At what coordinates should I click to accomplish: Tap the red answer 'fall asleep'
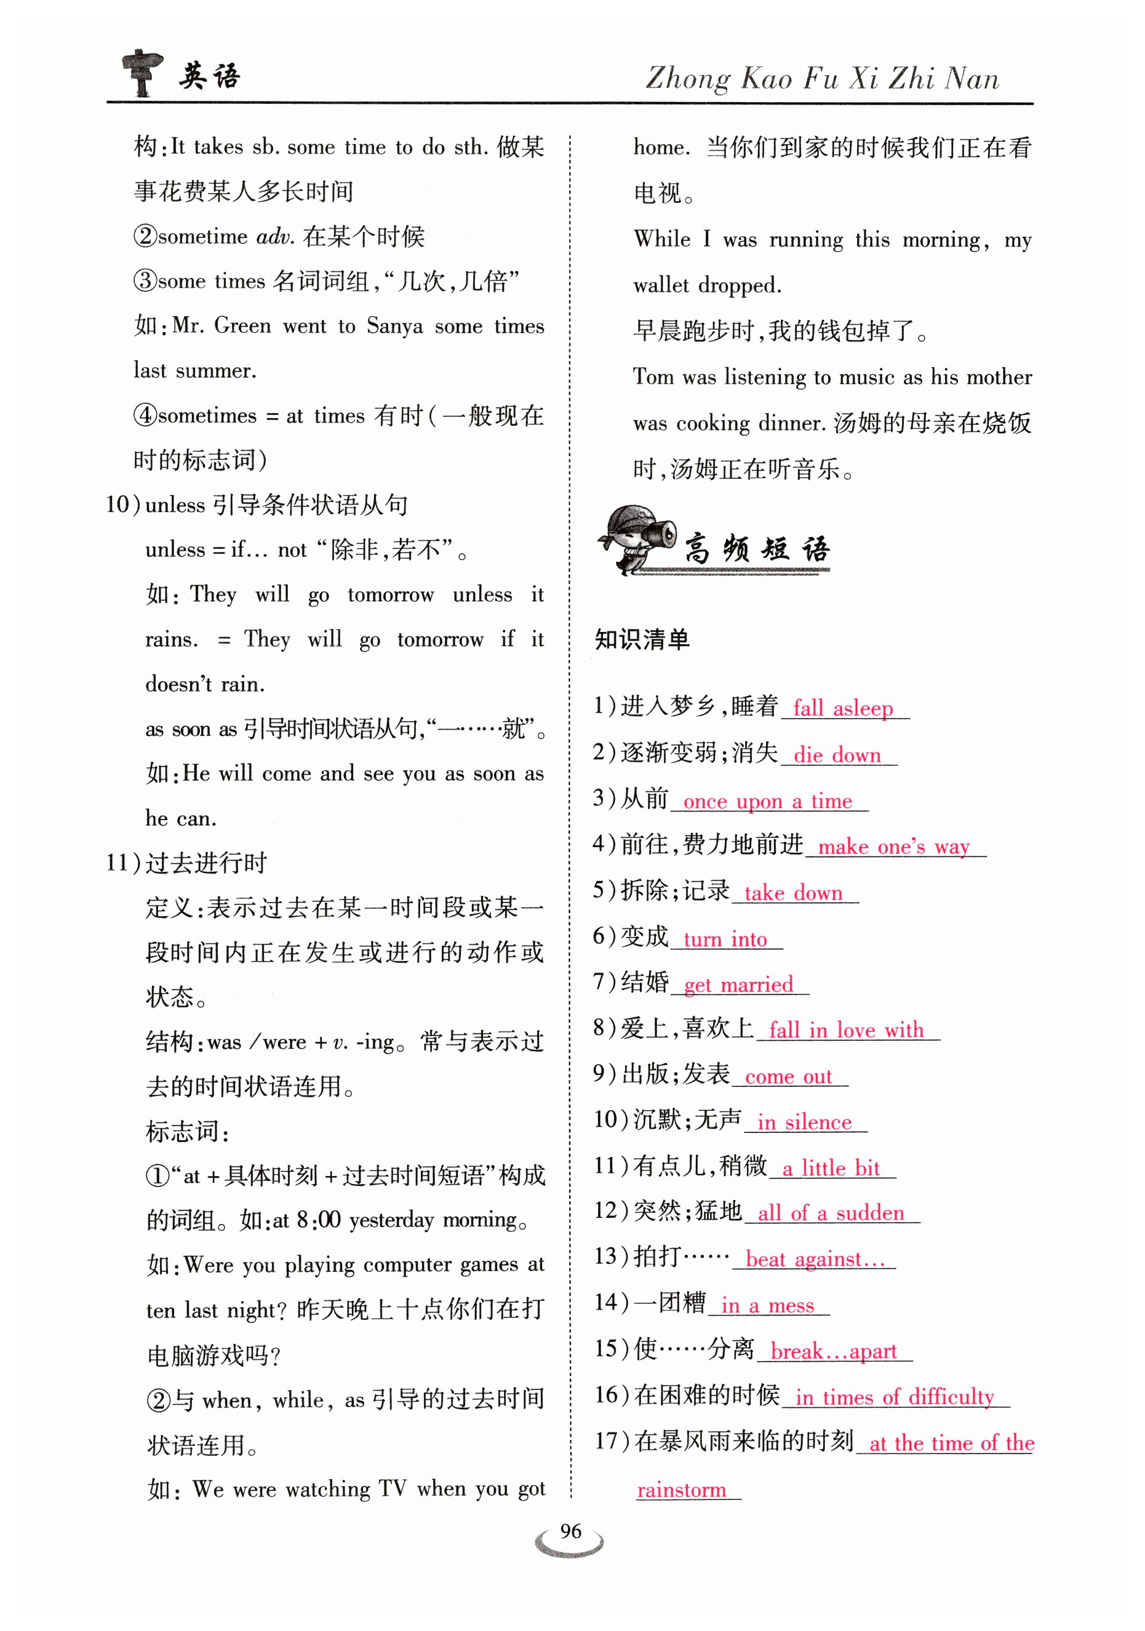[842, 708]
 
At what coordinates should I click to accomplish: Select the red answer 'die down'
[837, 754]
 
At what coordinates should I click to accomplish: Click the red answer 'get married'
[738, 985]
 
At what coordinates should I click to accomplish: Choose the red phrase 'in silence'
[804, 1123]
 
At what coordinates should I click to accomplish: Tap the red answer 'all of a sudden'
[830, 1214]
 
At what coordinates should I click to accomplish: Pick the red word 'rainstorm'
[681, 1490]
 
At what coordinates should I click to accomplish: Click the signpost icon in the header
[142, 73]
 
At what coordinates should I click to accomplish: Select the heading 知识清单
[642, 639]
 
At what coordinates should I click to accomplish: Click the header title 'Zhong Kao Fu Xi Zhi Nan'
[821, 79]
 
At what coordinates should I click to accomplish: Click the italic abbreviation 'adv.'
[275, 237]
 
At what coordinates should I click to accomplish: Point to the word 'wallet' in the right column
[661, 286]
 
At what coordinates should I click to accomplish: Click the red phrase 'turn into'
[725, 939]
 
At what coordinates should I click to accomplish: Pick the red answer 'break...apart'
[833, 1351]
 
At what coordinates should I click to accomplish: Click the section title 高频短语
[756, 549]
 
